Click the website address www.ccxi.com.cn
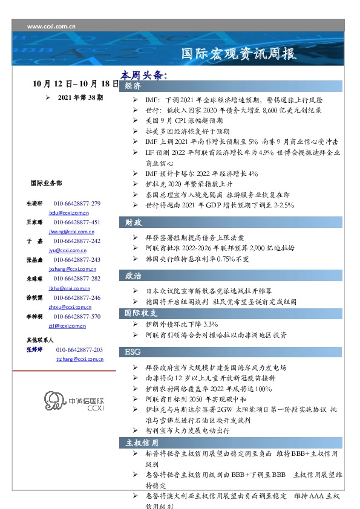pyautogui.click(x=51, y=27)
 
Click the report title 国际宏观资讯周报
pyautogui.click(x=239, y=54)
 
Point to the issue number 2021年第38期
pyautogui.click(x=80, y=97)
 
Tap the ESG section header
pyautogui.click(x=133, y=352)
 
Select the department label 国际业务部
pyautogui.click(x=45, y=183)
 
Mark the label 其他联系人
pyautogui.click(x=40, y=340)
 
